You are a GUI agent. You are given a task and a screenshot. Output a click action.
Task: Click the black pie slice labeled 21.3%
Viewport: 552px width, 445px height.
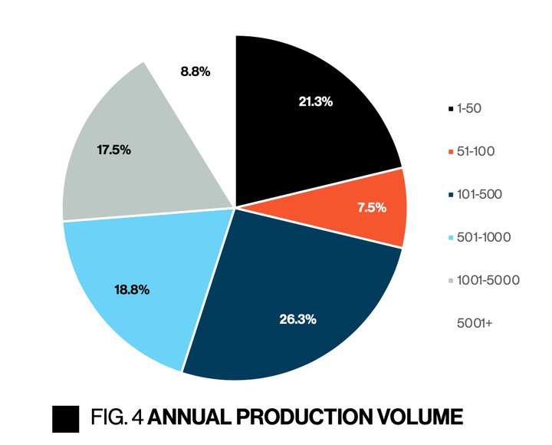click(x=307, y=130)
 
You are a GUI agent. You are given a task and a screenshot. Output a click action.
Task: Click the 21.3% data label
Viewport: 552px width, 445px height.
click(x=315, y=101)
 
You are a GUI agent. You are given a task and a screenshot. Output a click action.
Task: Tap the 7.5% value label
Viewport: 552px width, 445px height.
click(x=371, y=207)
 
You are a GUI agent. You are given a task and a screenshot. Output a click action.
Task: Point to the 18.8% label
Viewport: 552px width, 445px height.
click(x=132, y=290)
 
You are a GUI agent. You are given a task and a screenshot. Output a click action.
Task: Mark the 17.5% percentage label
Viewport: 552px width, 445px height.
click(x=113, y=150)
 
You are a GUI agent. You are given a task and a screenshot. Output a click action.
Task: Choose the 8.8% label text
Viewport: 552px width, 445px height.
click(x=195, y=71)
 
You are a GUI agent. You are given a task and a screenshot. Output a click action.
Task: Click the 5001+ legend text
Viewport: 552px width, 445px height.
click(x=475, y=323)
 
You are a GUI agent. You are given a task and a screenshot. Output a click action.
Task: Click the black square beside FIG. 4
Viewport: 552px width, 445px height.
click(x=65, y=418)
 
